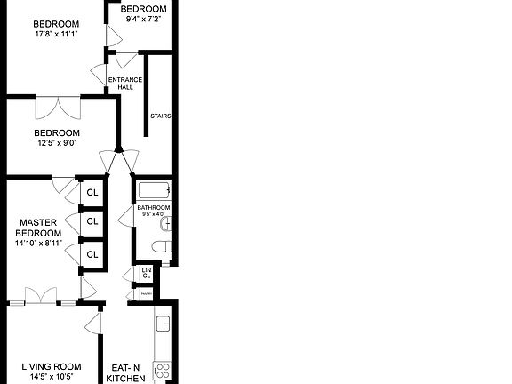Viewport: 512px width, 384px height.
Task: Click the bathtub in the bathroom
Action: (x=152, y=190)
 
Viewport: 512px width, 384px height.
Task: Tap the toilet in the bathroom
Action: (x=162, y=247)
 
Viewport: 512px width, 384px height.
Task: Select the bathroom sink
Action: (x=165, y=221)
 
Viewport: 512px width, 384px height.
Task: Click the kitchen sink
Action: (x=163, y=326)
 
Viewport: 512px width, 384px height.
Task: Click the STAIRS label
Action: (x=160, y=116)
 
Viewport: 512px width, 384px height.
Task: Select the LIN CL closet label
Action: (x=147, y=273)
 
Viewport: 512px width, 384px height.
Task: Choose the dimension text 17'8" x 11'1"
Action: (x=55, y=35)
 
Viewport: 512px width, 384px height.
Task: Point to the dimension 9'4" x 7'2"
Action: (x=142, y=19)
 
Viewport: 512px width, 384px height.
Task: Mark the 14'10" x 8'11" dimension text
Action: (x=38, y=244)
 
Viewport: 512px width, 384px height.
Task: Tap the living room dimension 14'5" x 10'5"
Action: (x=52, y=378)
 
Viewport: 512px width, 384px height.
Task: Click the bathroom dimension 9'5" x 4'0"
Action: (x=153, y=214)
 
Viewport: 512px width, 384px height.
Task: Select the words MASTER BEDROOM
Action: (x=38, y=228)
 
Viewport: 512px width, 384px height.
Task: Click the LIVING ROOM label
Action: (x=52, y=366)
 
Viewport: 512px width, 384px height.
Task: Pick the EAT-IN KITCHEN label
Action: (x=126, y=372)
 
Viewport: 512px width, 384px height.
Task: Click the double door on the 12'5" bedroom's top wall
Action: (x=58, y=107)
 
